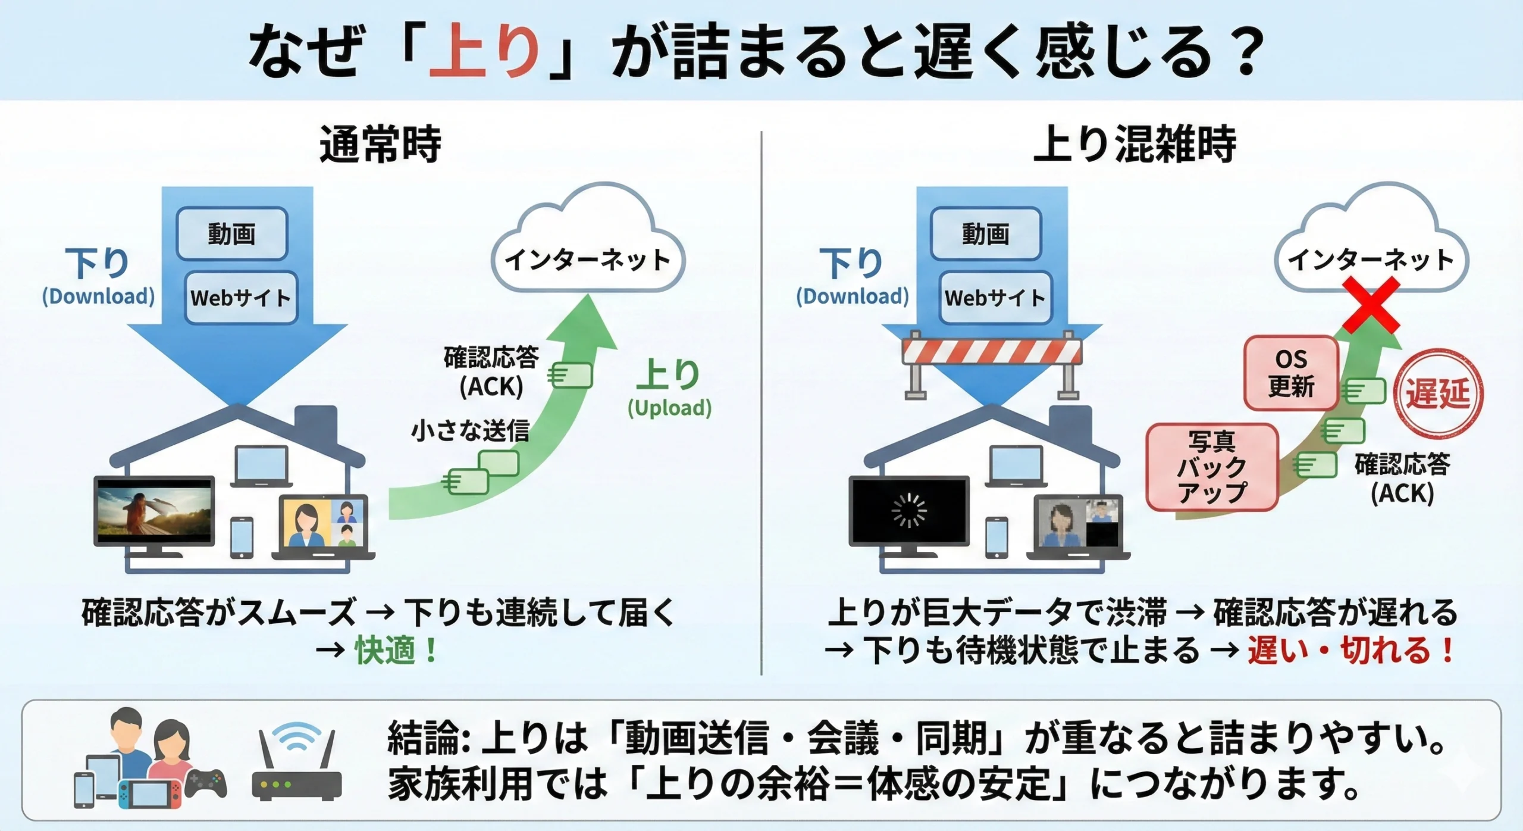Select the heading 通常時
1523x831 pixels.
[380, 145]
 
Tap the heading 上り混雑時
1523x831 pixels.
[1135, 145]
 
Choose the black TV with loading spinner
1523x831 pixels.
[908, 510]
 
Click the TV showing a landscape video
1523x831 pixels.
[154, 510]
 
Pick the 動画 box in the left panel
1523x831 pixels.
[231, 233]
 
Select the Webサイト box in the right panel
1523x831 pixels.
[995, 298]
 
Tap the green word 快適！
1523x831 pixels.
[396, 650]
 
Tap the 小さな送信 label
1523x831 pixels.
[470, 430]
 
